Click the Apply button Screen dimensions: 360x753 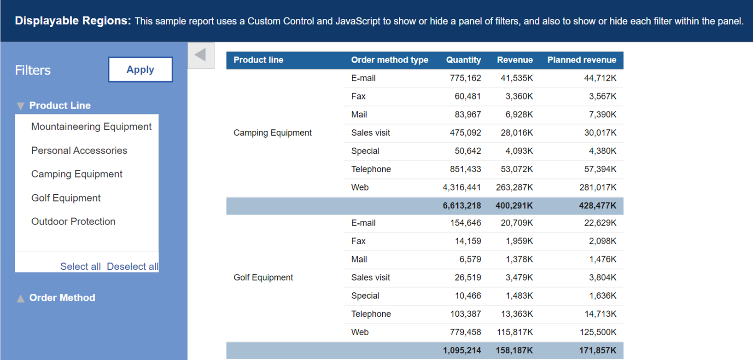point(140,70)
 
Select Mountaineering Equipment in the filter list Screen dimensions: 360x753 point(91,127)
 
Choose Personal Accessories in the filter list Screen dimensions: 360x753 point(79,151)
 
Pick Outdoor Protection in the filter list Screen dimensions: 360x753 point(73,221)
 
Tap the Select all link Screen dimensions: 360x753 point(80,267)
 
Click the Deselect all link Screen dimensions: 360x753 point(132,267)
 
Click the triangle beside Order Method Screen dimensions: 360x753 point(21,298)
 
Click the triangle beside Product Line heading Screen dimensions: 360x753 point(21,106)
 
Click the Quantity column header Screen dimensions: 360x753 point(463,60)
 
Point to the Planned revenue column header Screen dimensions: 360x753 point(581,60)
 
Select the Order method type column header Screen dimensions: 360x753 point(389,60)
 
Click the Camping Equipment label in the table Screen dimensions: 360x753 point(273,133)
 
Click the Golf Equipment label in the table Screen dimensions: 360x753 point(263,278)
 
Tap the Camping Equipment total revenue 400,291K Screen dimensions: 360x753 point(514,206)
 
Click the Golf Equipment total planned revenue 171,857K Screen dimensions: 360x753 point(597,351)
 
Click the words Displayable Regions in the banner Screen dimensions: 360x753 point(73,21)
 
